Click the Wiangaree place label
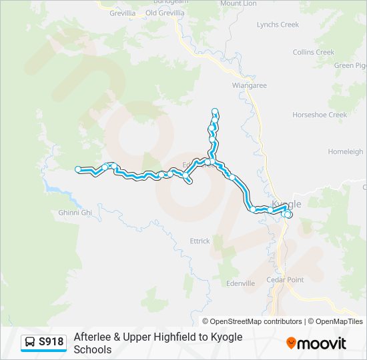(x=249, y=85)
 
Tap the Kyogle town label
(x=287, y=204)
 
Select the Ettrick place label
(x=200, y=241)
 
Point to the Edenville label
(x=241, y=283)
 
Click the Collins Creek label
(x=313, y=52)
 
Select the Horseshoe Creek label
(x=320, y=115)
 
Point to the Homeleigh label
(x=345, y=152)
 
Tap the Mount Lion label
(x=238, y=3)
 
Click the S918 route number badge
(x=51, y=342)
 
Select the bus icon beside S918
(x=30, y=342)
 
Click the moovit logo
(x=316, y=343)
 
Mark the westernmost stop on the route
(x=78, y=169)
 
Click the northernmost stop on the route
(x=215, y=111)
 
